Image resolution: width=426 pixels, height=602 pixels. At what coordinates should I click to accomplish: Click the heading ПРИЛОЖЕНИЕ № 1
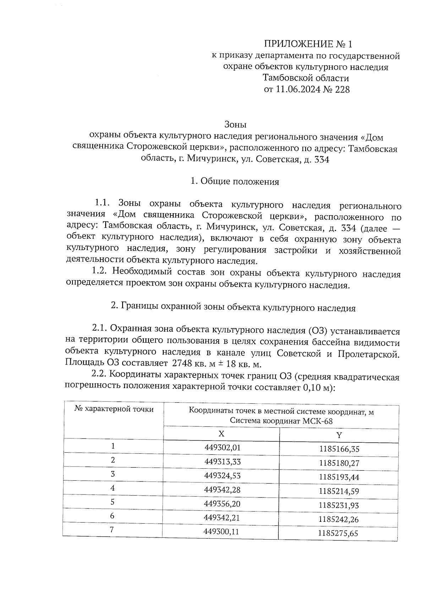(x=308, y=44)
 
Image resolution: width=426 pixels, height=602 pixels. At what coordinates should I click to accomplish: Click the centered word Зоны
(x=235, y=125)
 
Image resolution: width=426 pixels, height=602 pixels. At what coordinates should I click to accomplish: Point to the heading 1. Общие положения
(x=235, y=182)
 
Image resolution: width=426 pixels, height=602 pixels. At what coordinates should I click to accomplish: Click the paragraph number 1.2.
(x=99, y=272)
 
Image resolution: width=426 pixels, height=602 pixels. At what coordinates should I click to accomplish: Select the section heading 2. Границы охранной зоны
(x=233, y=308)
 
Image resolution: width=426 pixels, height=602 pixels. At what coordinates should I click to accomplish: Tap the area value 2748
(x=182, y=364)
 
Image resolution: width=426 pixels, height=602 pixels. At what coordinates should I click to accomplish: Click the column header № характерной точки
(x=114, y=409)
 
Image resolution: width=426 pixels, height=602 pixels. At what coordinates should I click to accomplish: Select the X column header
(x=221, y=434)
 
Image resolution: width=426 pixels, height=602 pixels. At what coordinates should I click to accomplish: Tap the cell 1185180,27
(x=339, y=463)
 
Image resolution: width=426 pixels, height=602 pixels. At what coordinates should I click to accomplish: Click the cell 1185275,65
(x=338, y=533)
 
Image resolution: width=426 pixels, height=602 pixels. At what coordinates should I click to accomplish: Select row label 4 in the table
(x=113, y=488)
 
